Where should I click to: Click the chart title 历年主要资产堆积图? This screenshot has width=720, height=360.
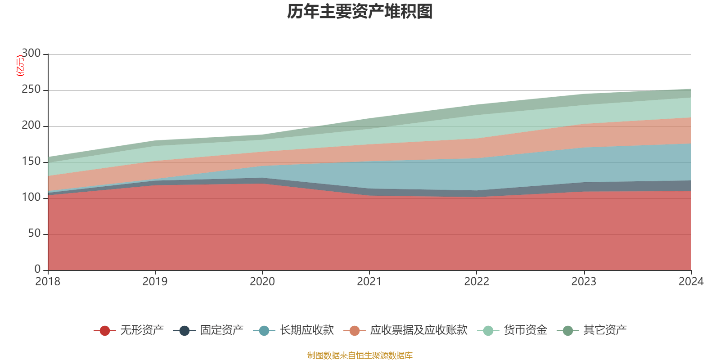coord(360,12)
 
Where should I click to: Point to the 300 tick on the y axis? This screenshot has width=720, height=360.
coord(31,54)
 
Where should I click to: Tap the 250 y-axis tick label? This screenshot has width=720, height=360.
coord(31,90)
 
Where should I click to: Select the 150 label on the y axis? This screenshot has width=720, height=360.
coord(31,162)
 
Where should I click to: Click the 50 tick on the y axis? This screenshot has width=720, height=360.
coord(34,234)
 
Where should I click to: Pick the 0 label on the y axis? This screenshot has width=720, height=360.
coord(37,270)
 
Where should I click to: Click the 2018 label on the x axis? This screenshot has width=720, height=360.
coord(48,282)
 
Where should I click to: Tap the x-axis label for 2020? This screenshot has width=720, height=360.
coord(262,282)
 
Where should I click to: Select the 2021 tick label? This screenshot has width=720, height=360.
coord(369,282)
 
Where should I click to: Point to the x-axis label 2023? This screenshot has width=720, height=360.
coord(584,282)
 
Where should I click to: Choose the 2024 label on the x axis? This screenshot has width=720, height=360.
coord(691,282)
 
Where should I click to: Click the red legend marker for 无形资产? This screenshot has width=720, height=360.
coord(105,331)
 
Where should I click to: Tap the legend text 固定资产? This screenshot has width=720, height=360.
coord(222,330)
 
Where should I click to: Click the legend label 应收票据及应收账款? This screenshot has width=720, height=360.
coord(418,330)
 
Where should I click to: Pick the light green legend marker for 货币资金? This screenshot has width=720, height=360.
coord(488,331)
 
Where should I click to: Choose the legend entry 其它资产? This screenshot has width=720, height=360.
coord(605,330)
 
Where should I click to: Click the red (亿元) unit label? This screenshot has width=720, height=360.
coord(20,66)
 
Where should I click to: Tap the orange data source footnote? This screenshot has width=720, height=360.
coord(360,355)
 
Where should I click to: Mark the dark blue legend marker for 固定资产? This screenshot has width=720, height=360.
coord(184,331)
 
